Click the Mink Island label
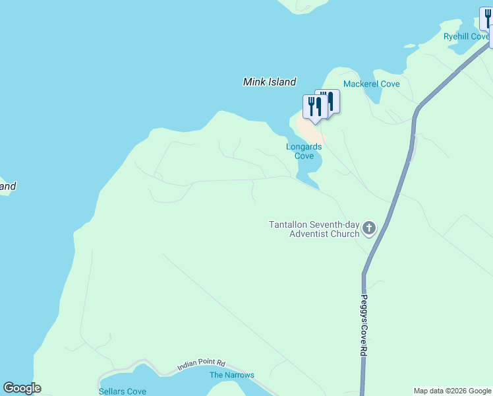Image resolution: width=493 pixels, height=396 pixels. (x=270, y=82)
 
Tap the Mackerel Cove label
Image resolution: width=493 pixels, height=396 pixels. (x=372, y=84)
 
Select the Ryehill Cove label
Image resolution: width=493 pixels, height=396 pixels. (x=465, y=37)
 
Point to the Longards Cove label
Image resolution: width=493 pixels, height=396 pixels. (x=304, y=151)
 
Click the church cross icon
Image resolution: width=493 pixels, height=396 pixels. (x=369, y=229)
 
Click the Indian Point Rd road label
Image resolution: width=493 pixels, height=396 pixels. (x=201, y=364)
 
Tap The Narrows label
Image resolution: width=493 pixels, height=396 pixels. (x=231, y=375)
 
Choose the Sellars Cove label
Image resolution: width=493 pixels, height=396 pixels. (x=123, y=391)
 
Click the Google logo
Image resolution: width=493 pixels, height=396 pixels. (x=22, y=388)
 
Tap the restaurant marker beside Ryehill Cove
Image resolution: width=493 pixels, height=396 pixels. (x=487, y=17)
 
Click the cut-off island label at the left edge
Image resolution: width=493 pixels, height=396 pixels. (x=7, y=186)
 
